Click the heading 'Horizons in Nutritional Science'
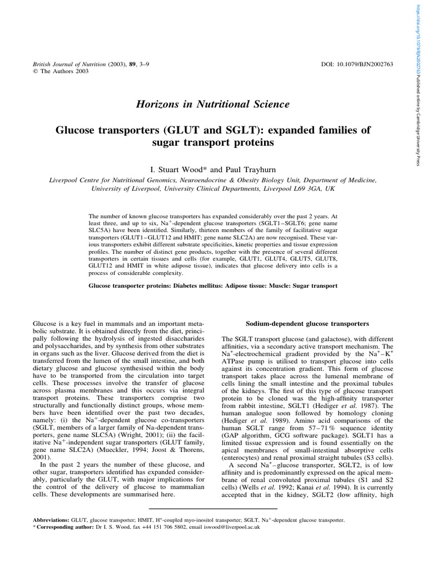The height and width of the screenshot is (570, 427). [x=212, y=104]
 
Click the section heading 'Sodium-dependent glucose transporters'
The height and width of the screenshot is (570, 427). [x=307, y=323]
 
